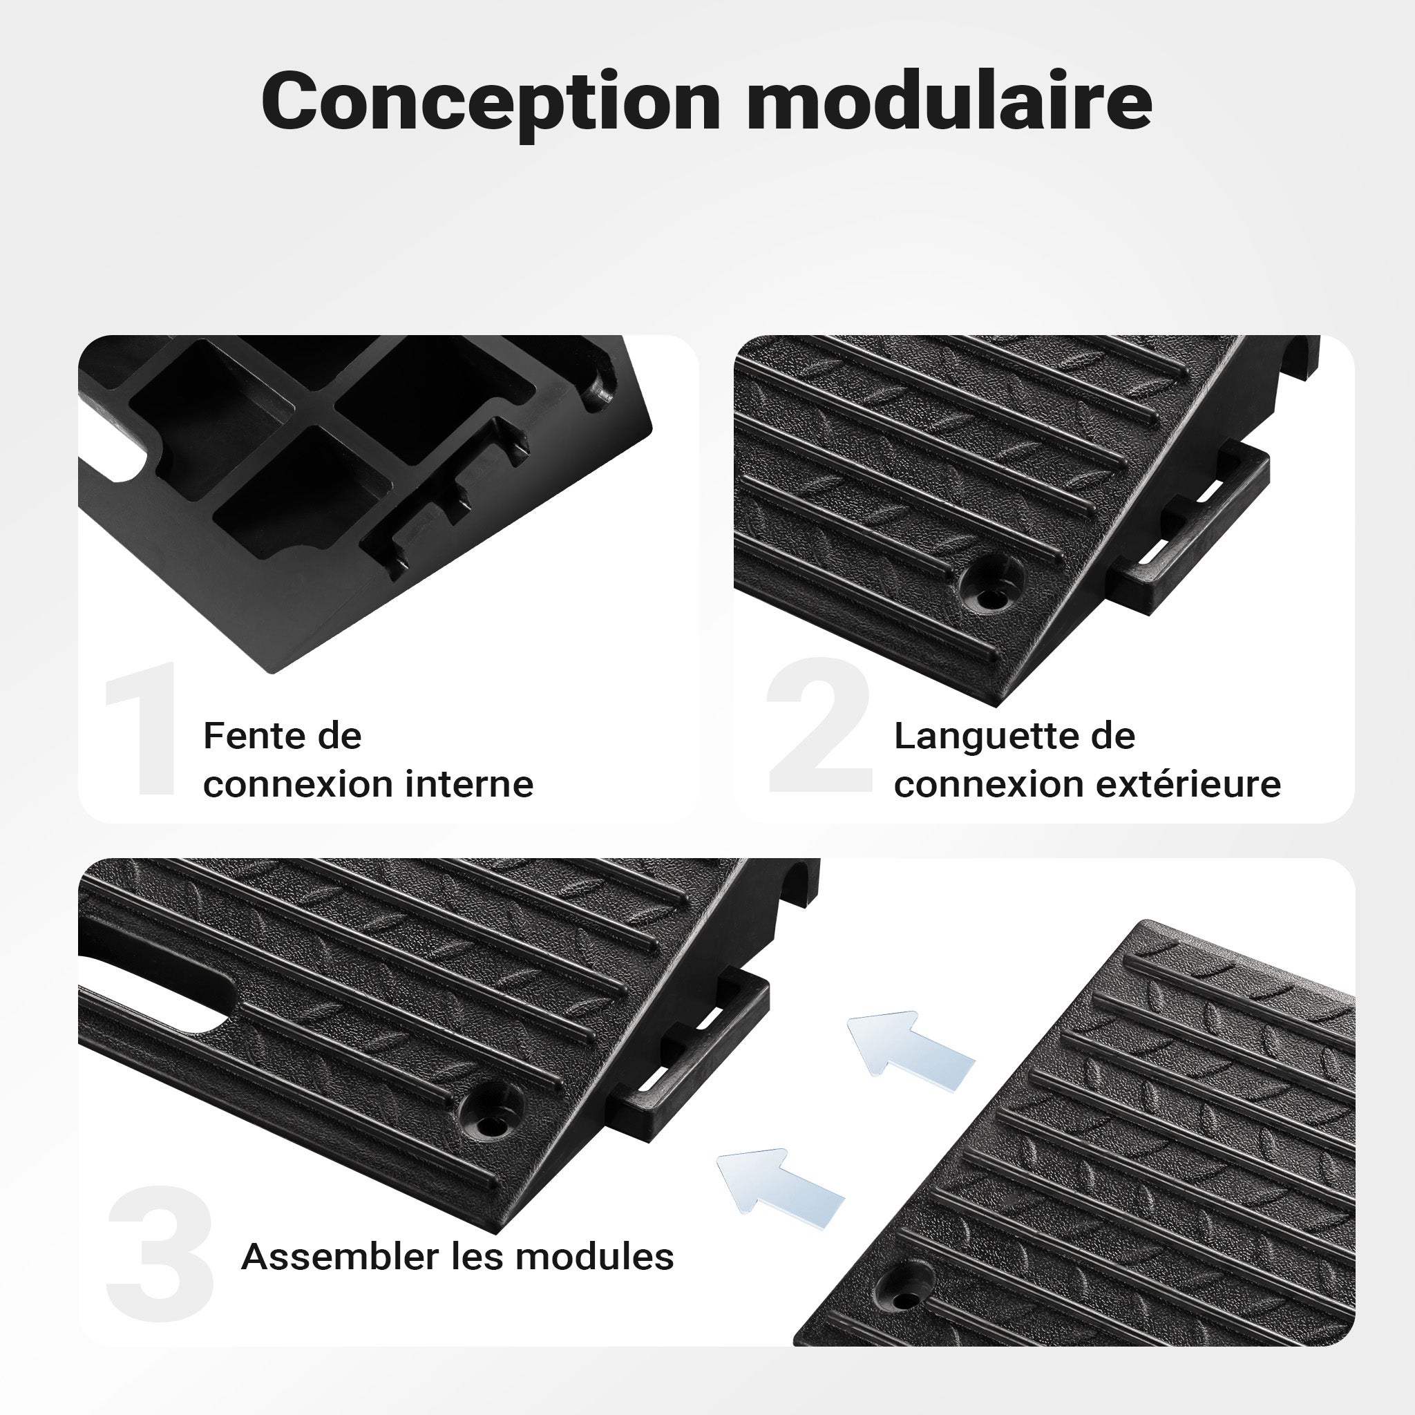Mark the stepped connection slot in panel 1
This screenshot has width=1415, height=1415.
coord(447,505)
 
